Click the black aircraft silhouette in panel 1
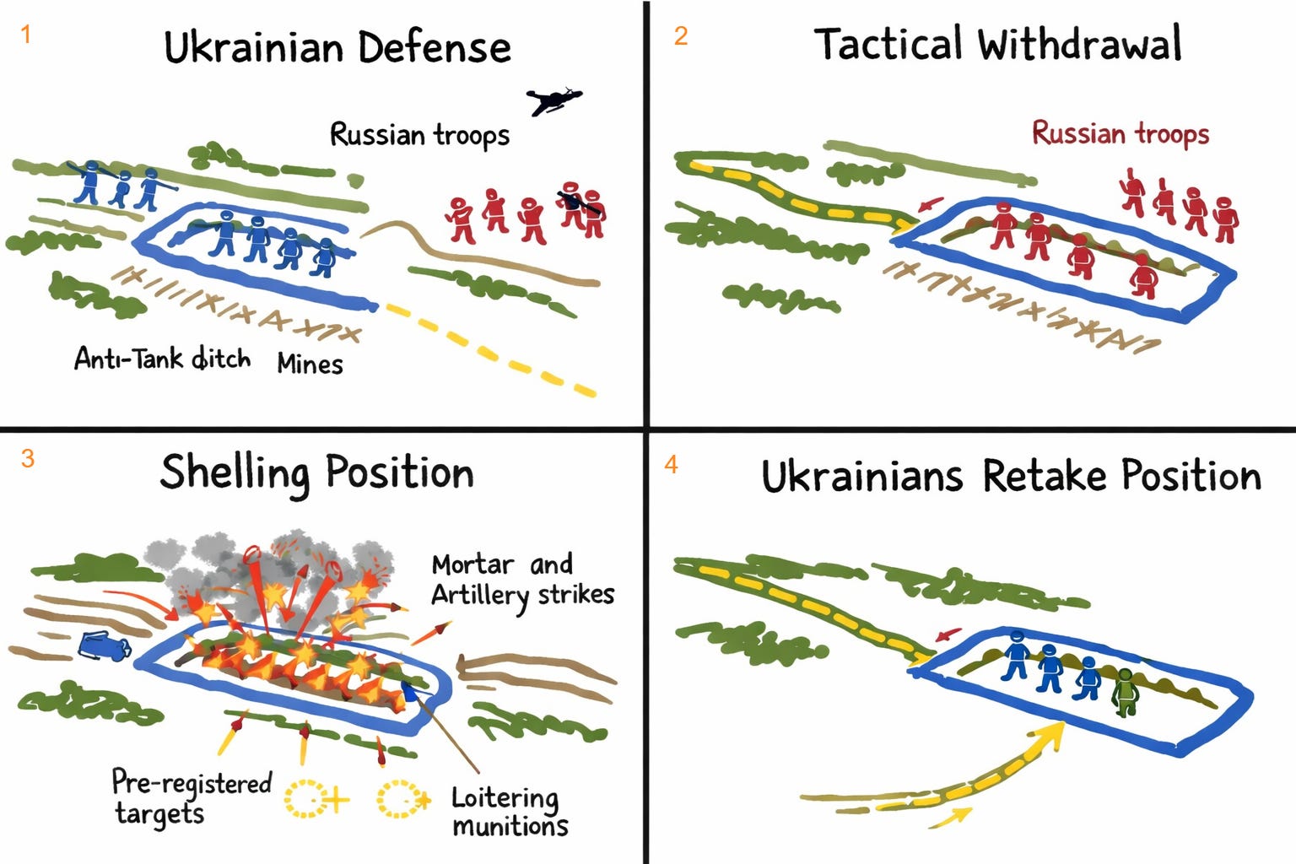[553, 101]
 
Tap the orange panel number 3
[28, 459]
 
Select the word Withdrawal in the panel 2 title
[1079, 44]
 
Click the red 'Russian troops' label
[1120, 133]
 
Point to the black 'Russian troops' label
[419, 135]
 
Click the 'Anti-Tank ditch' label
[162, 359]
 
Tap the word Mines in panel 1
[310, 364]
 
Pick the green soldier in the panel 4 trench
[1124, 691]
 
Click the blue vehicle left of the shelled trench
[104, 646]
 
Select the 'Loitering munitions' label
[510, 811]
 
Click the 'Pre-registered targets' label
[191, 796]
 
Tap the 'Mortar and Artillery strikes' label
[522, 580]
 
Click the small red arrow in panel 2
[931, 205]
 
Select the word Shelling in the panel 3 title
[235, 473]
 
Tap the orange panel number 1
[26, 35]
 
